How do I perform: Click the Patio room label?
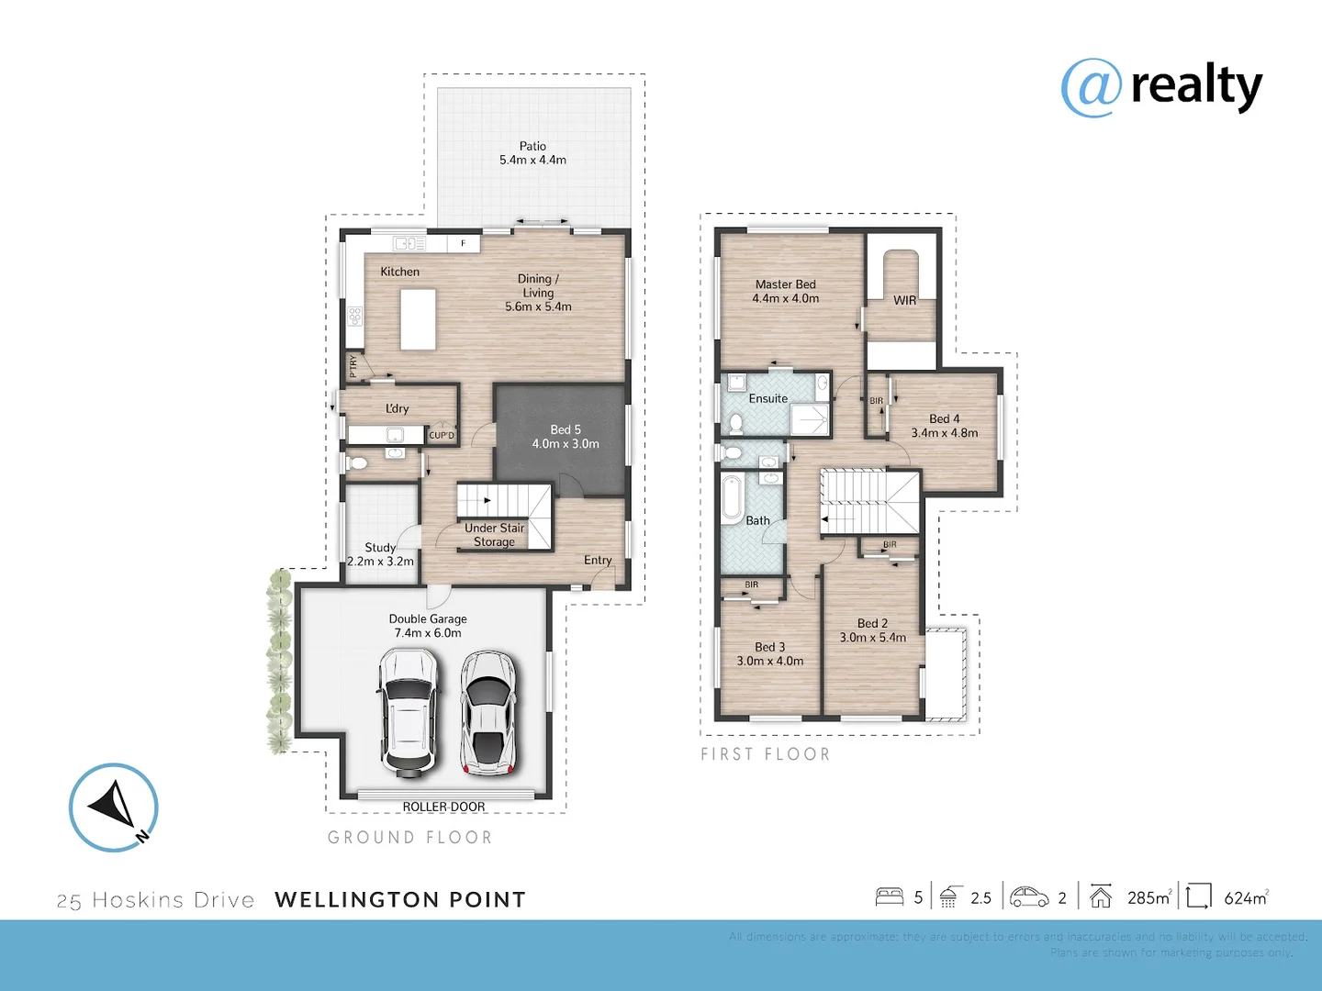[x=532, y=146]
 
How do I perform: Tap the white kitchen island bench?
[x=418, y=318]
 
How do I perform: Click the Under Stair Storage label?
[x=494, y=535]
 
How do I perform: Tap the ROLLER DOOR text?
[x=443, y=807]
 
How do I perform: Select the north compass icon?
[x=114, y=807]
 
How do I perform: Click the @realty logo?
[x=1161, y=87]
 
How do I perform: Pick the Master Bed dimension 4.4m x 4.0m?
[x=786, y=298]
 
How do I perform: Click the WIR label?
[x=904, y=300]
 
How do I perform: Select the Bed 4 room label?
[x=944, y=418]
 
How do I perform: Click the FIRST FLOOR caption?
[x=766, y=754]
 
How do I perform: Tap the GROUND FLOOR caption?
[x=410, y=838]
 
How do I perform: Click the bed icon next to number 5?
[x=889, y=896]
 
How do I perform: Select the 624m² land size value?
[x=1246, y=898]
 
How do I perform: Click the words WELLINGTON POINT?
[x=400, y=900]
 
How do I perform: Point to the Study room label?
[x=380, y=547]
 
